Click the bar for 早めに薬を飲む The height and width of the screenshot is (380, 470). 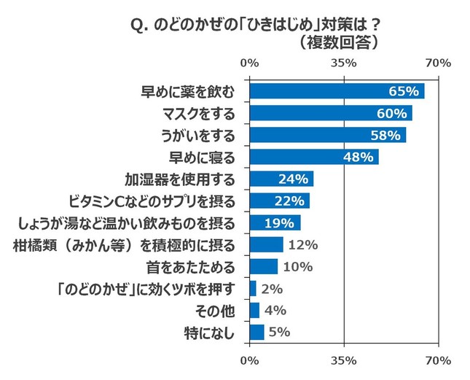point(337,91)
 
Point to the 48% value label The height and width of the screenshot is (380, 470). point(359,157)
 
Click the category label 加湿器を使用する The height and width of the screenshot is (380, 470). point(179,179)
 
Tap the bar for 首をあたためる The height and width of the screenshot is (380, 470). point(263,266)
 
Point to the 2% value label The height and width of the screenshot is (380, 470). point(271,289)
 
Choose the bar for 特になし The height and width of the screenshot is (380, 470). point(256,333)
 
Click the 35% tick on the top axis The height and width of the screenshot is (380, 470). point(343,63)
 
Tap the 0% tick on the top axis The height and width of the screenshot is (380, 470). point(249,63)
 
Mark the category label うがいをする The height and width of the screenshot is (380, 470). point(197,135)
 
